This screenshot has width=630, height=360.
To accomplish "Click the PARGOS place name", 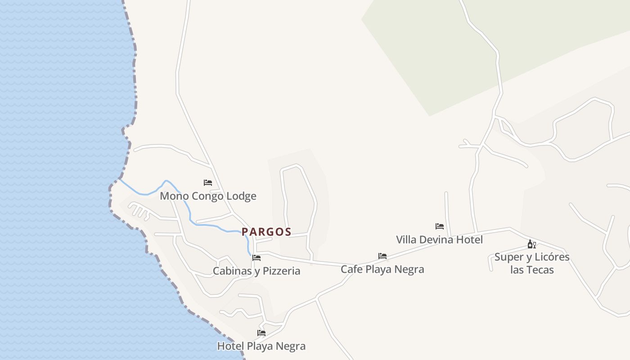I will pos(266,232).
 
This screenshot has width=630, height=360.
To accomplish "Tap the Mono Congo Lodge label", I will pos(208,196).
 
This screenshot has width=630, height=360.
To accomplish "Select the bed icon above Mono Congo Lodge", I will pos(207,182).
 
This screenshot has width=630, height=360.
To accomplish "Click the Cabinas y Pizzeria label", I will pos(256,271).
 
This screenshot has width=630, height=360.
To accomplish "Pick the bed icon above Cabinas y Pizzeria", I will pos(256,258).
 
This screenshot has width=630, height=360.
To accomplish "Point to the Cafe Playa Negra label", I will pos(382,269).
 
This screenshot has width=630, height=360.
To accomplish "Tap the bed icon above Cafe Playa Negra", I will pos(382,256).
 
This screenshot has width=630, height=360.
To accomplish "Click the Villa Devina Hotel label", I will pos(439,239).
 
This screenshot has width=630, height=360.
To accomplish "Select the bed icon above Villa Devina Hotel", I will pos(440,226).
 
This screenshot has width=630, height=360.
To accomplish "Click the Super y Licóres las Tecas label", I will pos(532,263).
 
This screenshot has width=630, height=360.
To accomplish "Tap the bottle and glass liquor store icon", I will pos(531,244).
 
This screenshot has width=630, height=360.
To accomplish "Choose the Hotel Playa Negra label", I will pos(261,346).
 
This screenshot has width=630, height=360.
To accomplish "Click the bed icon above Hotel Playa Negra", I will pos(261,333).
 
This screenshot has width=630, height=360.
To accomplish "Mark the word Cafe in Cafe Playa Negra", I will pos(351,269).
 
